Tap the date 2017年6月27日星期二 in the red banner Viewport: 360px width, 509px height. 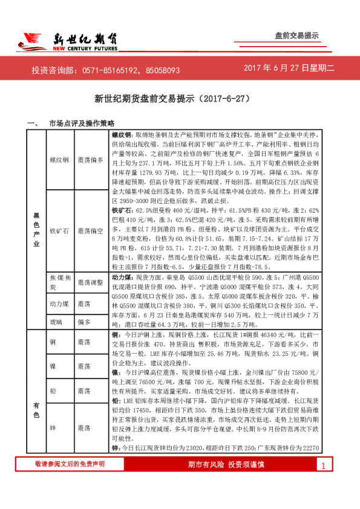tap(289, 69)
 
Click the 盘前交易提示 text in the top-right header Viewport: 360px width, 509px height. tap(296, 36)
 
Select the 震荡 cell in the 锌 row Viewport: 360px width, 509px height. tap(84, 427)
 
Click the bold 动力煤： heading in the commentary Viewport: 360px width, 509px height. tap(123, 276)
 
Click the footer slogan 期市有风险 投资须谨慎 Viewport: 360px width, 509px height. tap(226, 464)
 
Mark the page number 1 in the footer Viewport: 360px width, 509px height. tap(324, 465)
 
